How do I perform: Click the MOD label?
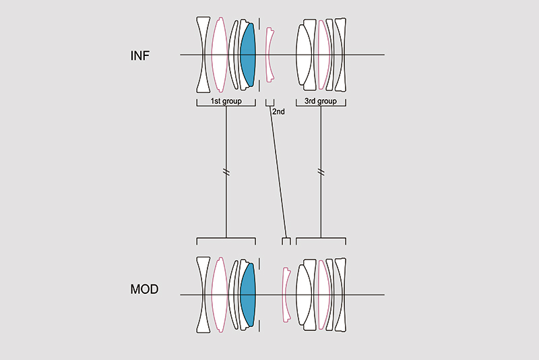(144, 290)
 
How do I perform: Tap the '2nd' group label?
(279, 111)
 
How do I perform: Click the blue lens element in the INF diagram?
(248, 55)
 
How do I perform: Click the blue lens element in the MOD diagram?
(248, 294)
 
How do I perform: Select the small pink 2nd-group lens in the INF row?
(270, 55)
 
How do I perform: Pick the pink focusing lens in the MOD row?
(286, 294)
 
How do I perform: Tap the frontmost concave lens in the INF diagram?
(203, 55)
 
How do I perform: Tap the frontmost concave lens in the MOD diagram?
(203, 294)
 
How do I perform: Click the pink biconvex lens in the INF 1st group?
(218, 55)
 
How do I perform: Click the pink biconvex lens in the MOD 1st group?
(218, 294)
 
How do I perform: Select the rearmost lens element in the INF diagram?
(340, 55)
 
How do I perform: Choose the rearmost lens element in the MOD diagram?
(340, 294)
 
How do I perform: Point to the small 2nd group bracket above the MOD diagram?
(286, 240)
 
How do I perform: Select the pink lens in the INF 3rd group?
(325, 55)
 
